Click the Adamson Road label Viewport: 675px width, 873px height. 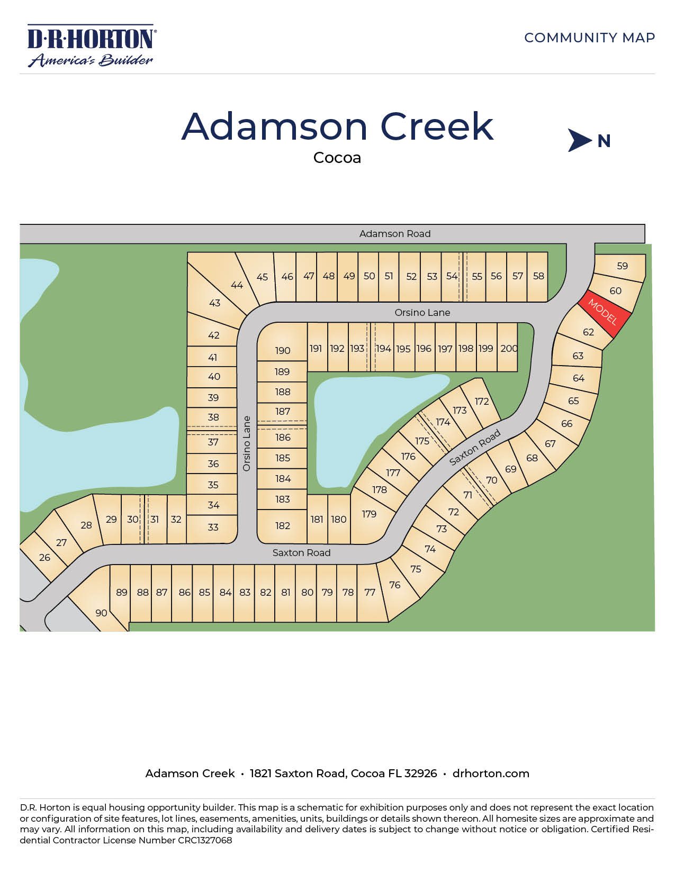click(x=394, y=233)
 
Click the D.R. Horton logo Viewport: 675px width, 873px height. click(x=91, y=46)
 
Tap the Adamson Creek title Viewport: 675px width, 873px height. click(x=337, y=127)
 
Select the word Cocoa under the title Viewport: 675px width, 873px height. click(x=337, y=158)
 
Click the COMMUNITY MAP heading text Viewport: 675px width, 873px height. click(x=589, y=38)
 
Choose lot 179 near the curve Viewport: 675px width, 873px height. click(x=369, y=514)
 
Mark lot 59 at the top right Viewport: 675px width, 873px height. click(x=622, y=266)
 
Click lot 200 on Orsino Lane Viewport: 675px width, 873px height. click(x=509, y=348)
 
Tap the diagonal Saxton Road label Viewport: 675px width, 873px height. click(x=475, y=447)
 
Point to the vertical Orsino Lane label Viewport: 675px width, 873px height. click(x=247, y=443)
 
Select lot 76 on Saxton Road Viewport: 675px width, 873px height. click(x=395, y=585)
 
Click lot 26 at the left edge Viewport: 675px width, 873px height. click(x=44, y=557)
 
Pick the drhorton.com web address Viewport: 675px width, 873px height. click(x=491, y=773)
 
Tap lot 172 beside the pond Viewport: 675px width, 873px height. click(x=482, y=401)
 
